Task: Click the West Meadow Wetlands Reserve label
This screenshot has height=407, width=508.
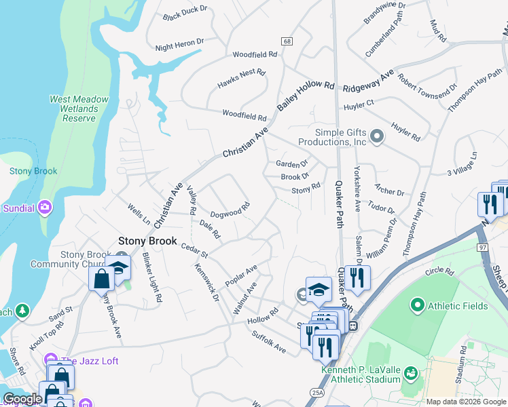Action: click(79, 109)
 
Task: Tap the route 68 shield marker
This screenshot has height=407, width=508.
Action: click(288, 41)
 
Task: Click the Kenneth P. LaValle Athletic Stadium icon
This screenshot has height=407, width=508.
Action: click(410, 373)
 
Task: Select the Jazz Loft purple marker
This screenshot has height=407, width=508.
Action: click(49, 360)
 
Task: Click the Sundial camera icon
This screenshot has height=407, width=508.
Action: click(46, 207)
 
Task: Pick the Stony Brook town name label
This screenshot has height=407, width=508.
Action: click(147, 241)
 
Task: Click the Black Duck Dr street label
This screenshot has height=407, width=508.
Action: click(188, 14)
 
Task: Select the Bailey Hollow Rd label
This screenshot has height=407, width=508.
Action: click(306, 95)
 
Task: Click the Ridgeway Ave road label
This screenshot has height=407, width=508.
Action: click(368, 84)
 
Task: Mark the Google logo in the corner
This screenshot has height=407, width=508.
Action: click(22, 399)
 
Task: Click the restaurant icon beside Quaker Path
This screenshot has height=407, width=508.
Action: click(354, 277)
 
